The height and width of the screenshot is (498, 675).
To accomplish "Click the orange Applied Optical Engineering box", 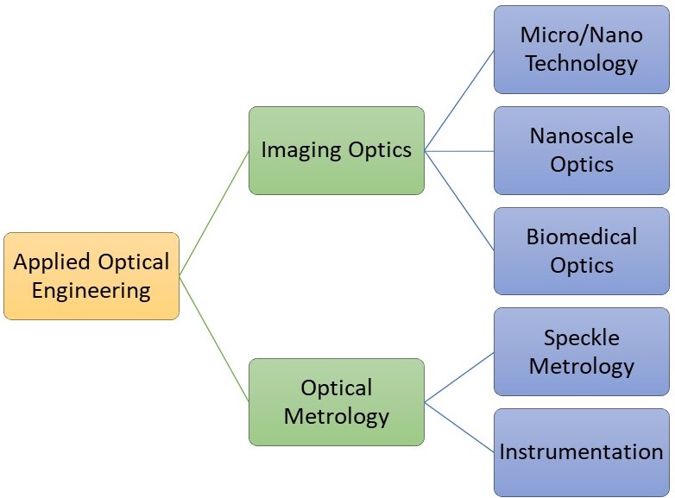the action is (91, 276).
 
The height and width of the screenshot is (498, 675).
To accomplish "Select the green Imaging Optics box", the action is (337, 151).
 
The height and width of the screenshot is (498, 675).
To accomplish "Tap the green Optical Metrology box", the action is (337, 402).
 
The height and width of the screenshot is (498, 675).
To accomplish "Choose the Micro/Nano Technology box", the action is (582, 49).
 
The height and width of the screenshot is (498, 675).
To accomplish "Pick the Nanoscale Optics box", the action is (582, 151).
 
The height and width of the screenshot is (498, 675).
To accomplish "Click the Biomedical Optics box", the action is (582, 251).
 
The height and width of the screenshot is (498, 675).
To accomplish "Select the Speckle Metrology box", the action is (582, 351).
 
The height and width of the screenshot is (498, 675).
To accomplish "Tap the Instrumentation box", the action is (582, 452).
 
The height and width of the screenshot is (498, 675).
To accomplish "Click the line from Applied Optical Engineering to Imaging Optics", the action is (214, 213).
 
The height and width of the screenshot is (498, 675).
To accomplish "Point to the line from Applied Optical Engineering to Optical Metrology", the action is (214, 339).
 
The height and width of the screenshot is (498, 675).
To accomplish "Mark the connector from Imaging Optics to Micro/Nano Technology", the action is (459, 100).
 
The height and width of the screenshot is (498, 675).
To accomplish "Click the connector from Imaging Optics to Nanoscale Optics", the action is (459, 151).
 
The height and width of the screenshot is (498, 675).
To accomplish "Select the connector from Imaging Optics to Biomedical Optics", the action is (459, 201).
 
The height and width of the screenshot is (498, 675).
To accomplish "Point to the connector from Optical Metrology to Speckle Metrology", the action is (459, 377).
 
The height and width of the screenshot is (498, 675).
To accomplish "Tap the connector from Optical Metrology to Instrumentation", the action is (459, 427).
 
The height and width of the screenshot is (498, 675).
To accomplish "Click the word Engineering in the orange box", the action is (91, 292).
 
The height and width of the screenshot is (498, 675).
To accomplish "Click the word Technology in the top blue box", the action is (582, 64).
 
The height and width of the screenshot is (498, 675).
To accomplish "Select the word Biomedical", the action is (582, 236).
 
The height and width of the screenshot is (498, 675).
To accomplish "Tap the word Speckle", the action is (582, 337).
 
